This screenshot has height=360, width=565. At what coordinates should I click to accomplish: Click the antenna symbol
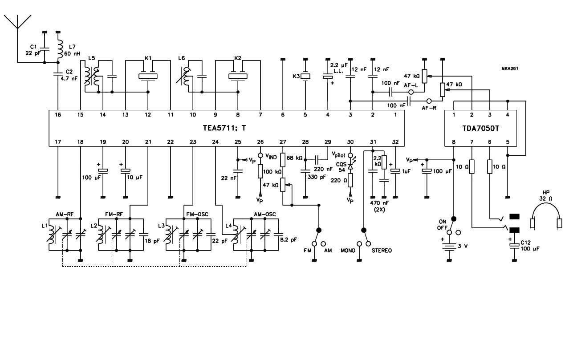(x=17, y=22)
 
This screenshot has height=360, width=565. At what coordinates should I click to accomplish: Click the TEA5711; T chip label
(x=224, y=128)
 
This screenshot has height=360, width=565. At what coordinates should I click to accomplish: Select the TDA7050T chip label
(x=480, y=128)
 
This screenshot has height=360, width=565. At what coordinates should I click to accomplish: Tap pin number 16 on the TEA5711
(x=58, y=115)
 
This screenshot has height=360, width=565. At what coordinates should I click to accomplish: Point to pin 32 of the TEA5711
(x=395, y=142)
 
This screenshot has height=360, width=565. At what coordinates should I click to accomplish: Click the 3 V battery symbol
(x=449, y=246)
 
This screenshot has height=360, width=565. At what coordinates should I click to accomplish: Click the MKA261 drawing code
(x=510, y=69)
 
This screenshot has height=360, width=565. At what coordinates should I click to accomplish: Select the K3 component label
(x=296, y=76)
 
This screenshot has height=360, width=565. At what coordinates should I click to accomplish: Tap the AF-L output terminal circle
(x=411, y=92)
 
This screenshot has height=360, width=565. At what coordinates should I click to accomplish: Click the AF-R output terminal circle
(x=429, y=101)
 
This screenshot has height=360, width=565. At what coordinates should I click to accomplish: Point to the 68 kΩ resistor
(x=283, y=160)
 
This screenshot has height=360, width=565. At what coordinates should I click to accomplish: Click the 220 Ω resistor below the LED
(x=350, y=180)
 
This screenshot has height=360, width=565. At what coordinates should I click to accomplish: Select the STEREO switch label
(x=382, y=251)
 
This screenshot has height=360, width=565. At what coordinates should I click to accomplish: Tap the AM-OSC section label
(x=265, y=214)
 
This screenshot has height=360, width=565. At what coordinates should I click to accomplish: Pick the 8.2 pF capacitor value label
(x=289, y=240)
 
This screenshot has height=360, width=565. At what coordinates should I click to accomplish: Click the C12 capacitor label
(x=526, y=243)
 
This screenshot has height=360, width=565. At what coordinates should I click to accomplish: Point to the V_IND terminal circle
(x=260, y=155)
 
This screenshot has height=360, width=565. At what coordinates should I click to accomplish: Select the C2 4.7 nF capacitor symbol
(x=58, y=73)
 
